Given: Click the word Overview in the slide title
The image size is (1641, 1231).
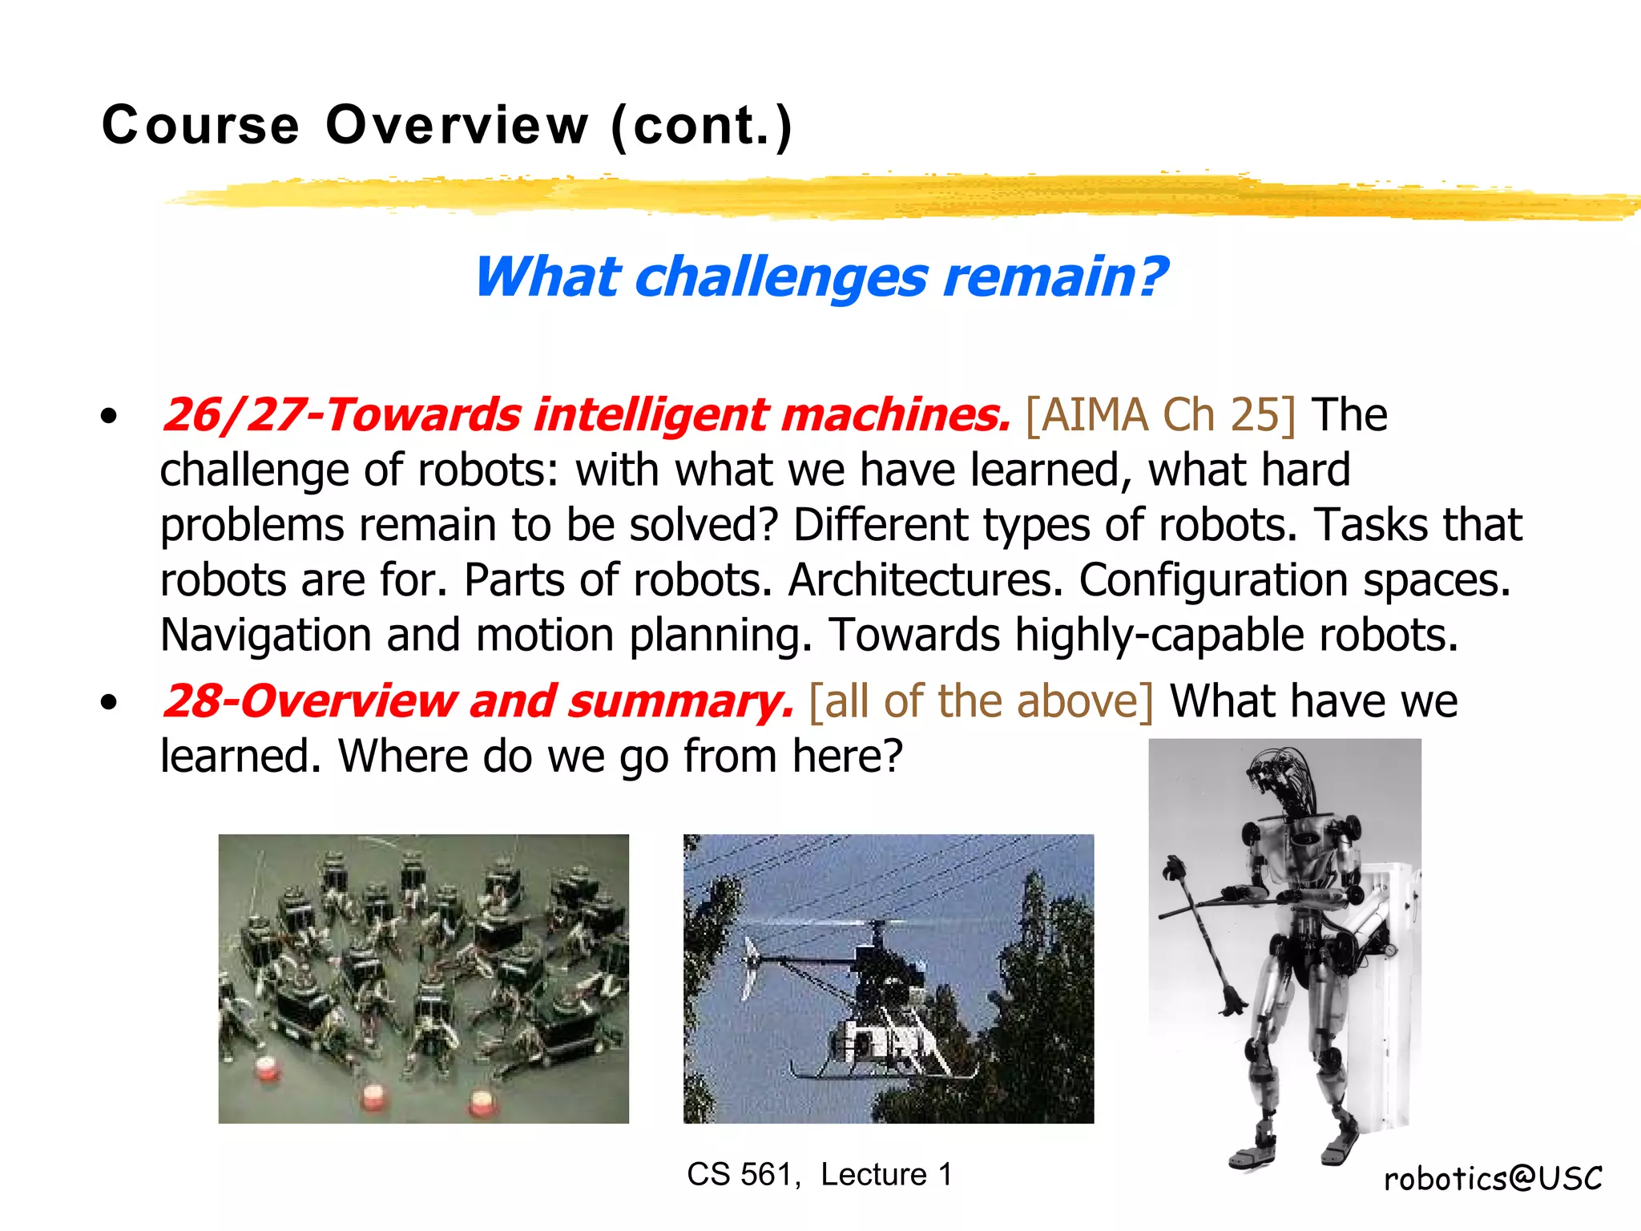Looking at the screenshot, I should point(458,126).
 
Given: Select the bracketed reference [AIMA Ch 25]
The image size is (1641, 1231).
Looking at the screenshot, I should point(1160,415).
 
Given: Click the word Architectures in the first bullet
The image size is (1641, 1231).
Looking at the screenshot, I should point(925,579).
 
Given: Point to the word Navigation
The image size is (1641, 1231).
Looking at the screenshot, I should point(265,635).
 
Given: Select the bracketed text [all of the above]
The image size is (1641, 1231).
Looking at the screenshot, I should point(982,701).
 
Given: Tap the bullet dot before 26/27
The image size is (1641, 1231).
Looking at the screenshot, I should point(110,416).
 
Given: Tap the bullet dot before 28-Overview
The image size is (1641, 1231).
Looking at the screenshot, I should point(110,703).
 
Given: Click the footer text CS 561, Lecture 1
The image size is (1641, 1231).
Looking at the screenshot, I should point(819,1174).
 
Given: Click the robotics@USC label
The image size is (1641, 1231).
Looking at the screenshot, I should point(1492,1178).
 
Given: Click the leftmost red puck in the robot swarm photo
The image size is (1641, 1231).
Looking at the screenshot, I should point(265,1070).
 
